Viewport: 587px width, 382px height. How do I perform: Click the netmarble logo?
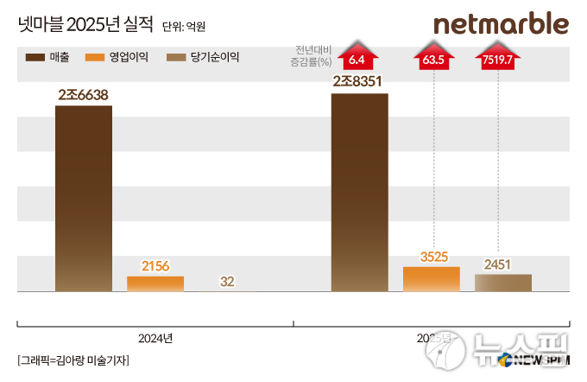coord(501,23)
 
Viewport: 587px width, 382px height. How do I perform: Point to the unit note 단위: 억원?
coord(184,27)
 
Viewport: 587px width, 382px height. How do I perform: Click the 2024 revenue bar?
coord(83,199)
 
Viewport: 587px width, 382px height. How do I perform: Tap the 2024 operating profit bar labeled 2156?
coord(155,284)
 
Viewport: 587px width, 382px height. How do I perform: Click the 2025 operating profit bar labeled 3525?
coord(431,279)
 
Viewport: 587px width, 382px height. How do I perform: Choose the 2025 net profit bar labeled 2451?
coord(503,283)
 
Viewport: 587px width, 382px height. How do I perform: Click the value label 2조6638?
coord(83,94)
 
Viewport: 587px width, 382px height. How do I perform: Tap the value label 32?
coord(228,281)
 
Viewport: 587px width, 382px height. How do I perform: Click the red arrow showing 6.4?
coord(358,57)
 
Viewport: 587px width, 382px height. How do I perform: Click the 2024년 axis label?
coord(155,337)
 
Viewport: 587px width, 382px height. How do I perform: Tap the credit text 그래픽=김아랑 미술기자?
coord(73,360)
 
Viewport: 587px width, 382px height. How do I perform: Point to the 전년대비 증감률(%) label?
coord(313,56)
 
